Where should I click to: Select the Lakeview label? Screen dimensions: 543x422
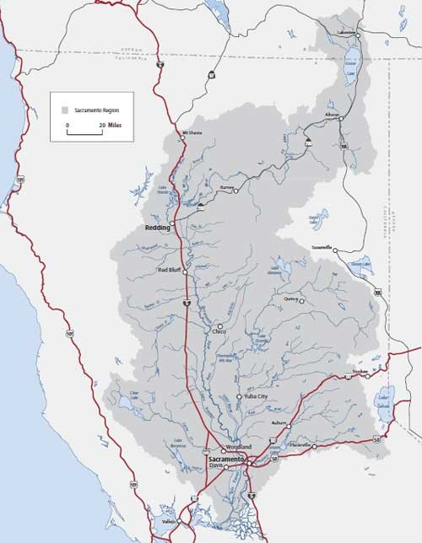point(345,31)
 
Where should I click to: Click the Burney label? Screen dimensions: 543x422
point(225,190)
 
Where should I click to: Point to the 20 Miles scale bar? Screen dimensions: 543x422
point(84,131)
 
